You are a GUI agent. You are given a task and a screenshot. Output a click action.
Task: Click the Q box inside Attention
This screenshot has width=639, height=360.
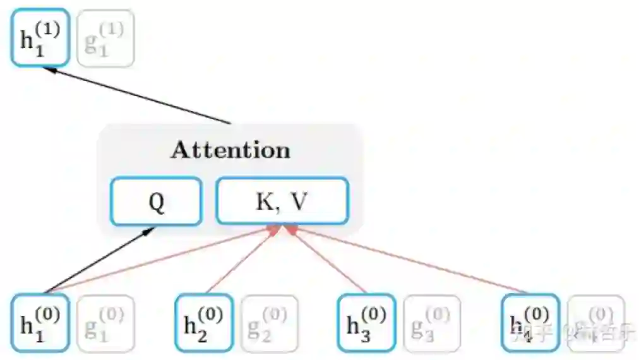(156, 201)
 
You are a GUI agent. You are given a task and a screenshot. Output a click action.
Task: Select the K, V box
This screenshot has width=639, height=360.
(282, 201)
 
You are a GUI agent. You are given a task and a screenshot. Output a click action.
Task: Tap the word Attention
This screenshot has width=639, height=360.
(230, 150)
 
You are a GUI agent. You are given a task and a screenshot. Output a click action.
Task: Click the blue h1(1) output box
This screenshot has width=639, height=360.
(39, 37)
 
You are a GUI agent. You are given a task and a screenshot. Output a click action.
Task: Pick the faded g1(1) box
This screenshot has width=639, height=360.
(105, 39)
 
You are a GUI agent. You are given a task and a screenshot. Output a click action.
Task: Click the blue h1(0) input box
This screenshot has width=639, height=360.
(40, 322)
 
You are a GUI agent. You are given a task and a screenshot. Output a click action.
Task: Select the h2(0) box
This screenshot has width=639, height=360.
(203, 322)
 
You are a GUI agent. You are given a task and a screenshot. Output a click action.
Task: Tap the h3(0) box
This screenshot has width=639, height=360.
(366, 322)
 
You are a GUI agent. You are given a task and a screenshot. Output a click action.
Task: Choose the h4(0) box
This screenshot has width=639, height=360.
(530, 322)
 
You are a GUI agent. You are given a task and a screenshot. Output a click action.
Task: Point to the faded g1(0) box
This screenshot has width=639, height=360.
(105, 323)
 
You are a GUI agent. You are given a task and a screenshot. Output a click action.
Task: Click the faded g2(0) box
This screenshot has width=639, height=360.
(269, 323)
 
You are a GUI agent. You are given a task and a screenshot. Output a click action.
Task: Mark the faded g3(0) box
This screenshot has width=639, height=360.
(432, 323)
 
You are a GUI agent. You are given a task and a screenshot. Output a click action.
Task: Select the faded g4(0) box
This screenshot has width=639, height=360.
(595, 323)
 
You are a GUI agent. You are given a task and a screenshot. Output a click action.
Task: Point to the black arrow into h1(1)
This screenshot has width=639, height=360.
(139, 95)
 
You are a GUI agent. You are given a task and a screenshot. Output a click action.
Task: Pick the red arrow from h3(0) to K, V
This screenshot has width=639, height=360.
(328, 260)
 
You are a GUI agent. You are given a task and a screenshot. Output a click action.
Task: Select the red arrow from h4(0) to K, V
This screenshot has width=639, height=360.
(410, 260)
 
